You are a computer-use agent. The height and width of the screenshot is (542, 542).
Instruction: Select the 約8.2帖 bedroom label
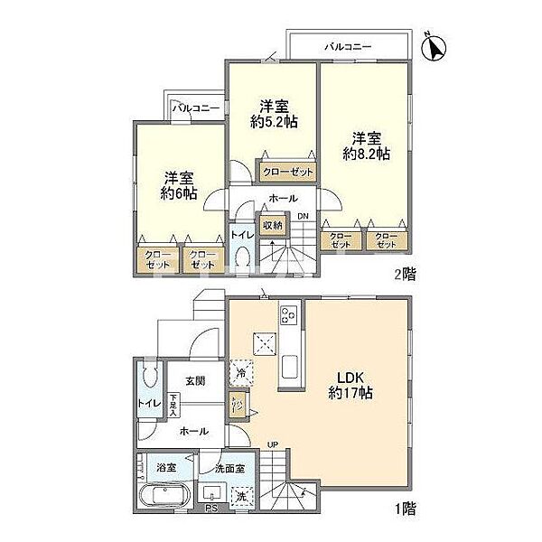[x=367, y=146]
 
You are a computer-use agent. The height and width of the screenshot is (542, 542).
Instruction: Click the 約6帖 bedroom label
[x=179, y=185]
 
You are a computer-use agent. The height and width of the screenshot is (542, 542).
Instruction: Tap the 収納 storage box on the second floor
[x=272, y=225]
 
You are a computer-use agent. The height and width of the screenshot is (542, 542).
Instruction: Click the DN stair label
[x=303, y=216]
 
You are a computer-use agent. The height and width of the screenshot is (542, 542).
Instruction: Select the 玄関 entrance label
[x=197, y=381]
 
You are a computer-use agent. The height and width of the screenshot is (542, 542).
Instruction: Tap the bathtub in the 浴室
[x=163, y=498]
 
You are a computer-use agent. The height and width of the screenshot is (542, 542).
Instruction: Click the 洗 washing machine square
[x=241, y=496]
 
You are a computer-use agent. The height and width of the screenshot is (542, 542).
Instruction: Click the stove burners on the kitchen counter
[x=289, y=316]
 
